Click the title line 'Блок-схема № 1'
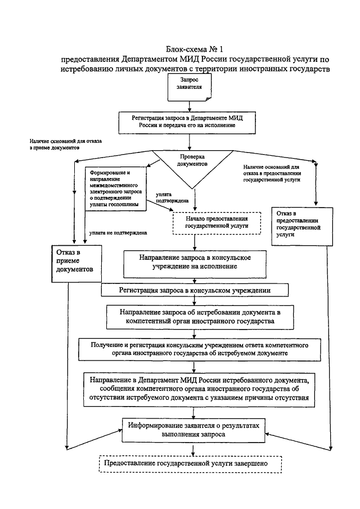point(191,49)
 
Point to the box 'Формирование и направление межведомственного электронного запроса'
point(115,188)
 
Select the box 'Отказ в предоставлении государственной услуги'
point(298,225)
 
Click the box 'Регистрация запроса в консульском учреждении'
point(195,290)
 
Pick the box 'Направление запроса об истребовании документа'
point(195,317)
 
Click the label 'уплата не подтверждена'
point(114,232)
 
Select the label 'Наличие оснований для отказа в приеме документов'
point(64,144)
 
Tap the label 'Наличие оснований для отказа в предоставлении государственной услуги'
point(274,173)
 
